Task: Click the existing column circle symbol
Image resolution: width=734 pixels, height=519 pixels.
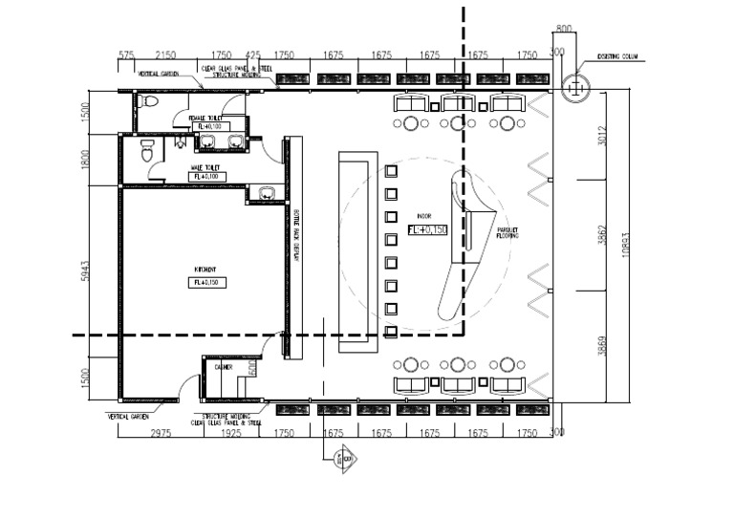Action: [575, 88]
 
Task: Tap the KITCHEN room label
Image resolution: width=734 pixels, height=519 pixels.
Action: [202, 270]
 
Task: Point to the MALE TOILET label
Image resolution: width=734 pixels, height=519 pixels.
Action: [205, 167]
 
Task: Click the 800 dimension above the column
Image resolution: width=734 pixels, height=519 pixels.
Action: [562, 30]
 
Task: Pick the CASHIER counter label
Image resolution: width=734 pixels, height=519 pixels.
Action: [224, 366]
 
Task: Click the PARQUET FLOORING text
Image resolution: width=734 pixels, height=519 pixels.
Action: [507, 234]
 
